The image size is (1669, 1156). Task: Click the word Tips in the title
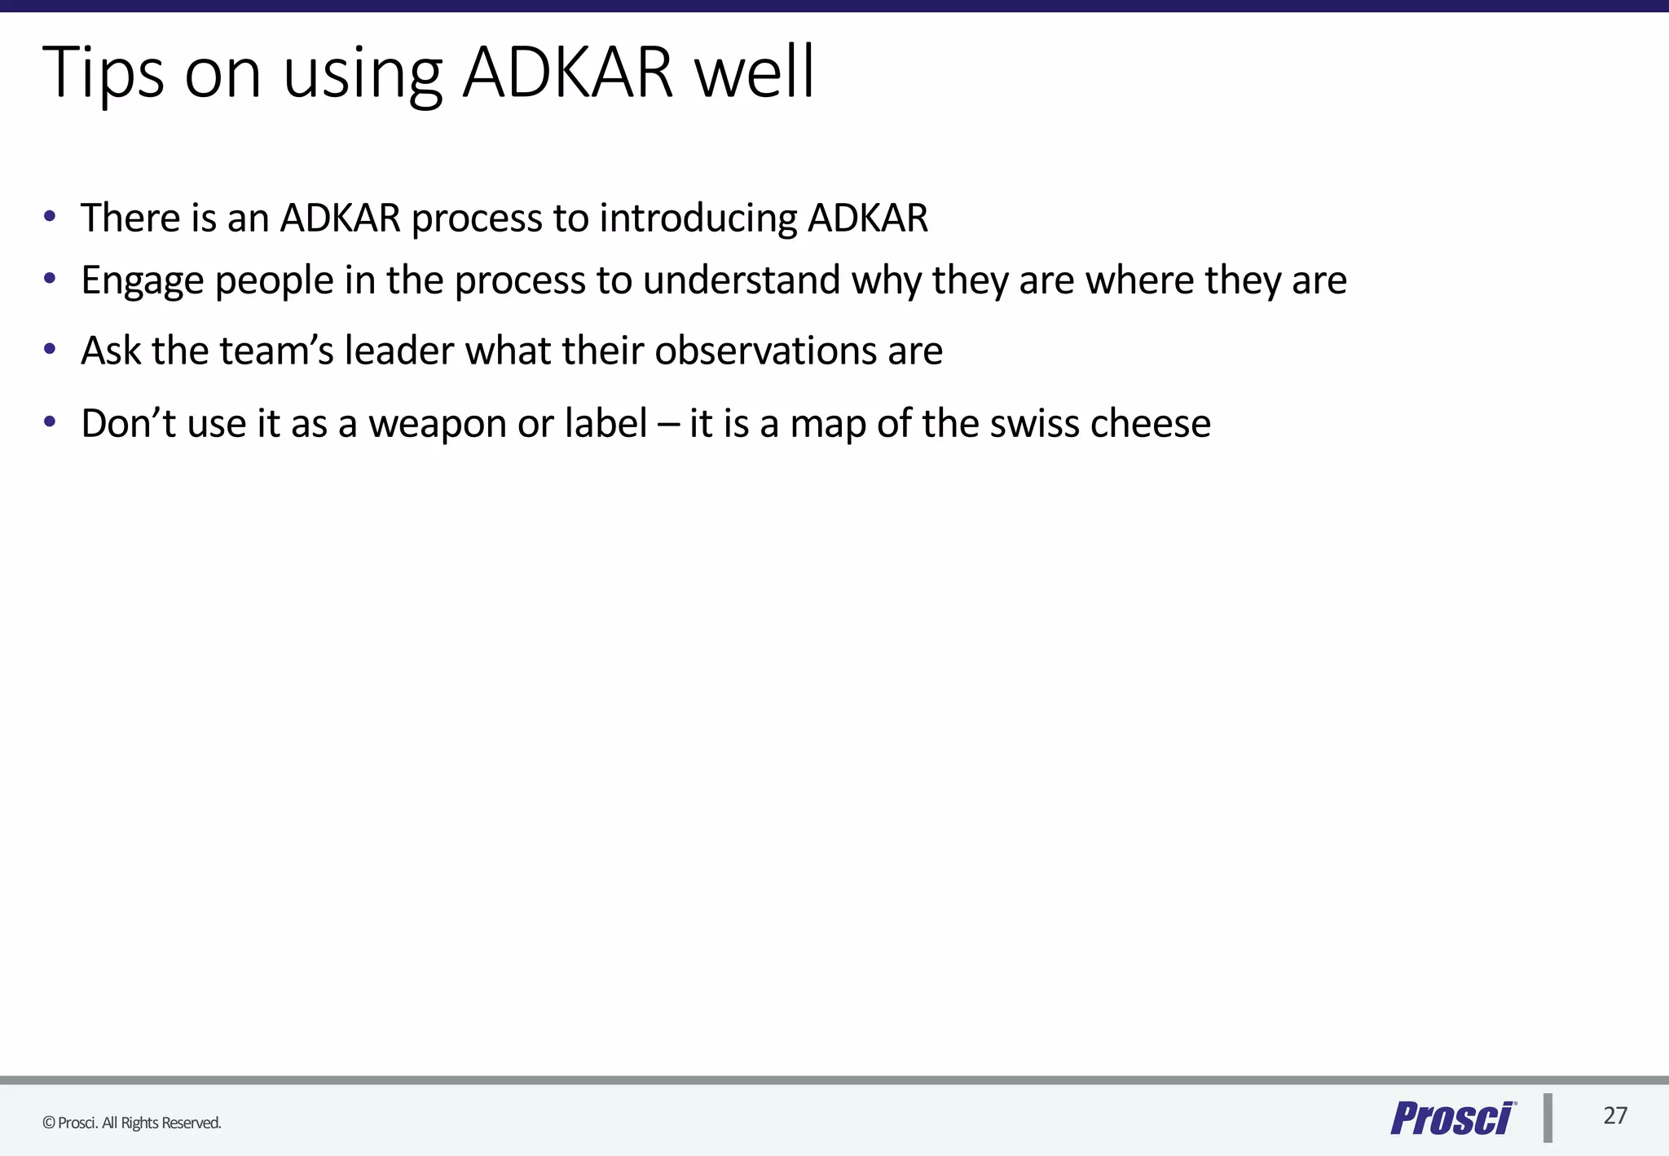point(103,73)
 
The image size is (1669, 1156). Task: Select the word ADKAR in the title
point(568,73)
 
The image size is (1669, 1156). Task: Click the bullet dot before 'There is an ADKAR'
point(51,217)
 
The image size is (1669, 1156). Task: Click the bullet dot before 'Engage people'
point(51,280)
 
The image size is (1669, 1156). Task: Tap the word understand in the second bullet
point(742,280)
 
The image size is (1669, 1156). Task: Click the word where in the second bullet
point(1139,280)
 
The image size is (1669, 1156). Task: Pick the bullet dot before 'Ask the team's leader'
point(51,350)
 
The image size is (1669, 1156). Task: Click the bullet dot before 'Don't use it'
point(51,422)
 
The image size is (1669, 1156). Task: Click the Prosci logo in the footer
point(1452,1118)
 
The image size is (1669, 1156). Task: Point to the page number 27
point(1615,1116)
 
